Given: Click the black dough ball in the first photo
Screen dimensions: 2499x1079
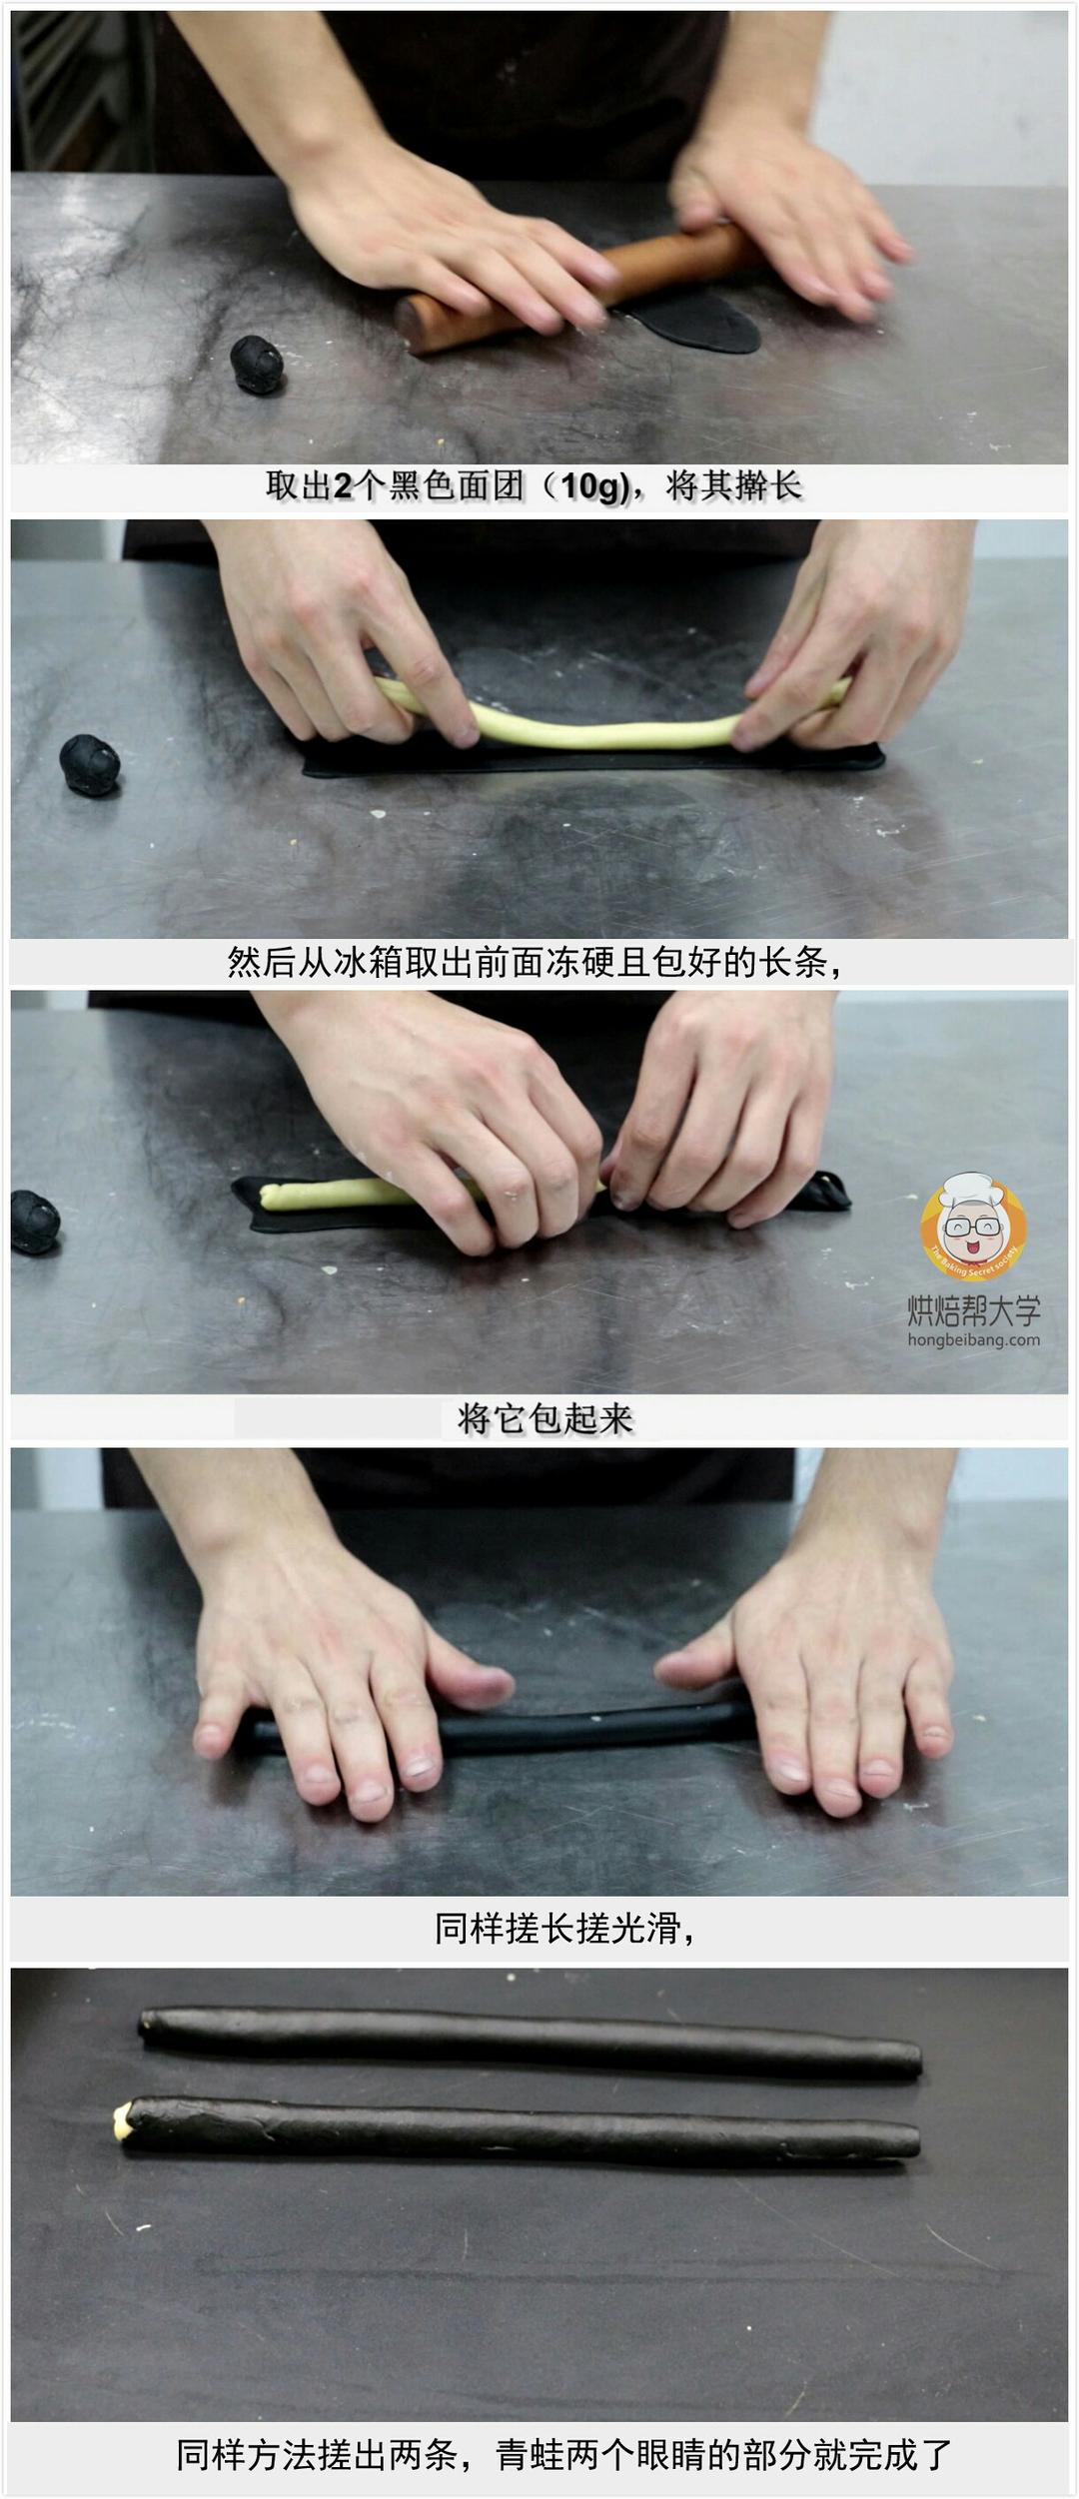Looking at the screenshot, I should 257,364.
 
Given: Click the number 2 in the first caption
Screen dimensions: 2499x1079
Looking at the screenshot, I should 343,487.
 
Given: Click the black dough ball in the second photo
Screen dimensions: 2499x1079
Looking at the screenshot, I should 90,765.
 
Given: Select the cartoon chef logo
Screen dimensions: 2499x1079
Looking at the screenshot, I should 973,1227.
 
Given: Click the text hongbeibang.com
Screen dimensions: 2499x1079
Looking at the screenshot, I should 973,1340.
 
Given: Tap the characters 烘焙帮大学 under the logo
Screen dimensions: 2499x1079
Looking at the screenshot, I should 973,1310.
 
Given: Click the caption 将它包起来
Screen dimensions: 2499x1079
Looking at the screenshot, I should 544,1418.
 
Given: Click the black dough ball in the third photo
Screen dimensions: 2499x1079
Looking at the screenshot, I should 34,1223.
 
